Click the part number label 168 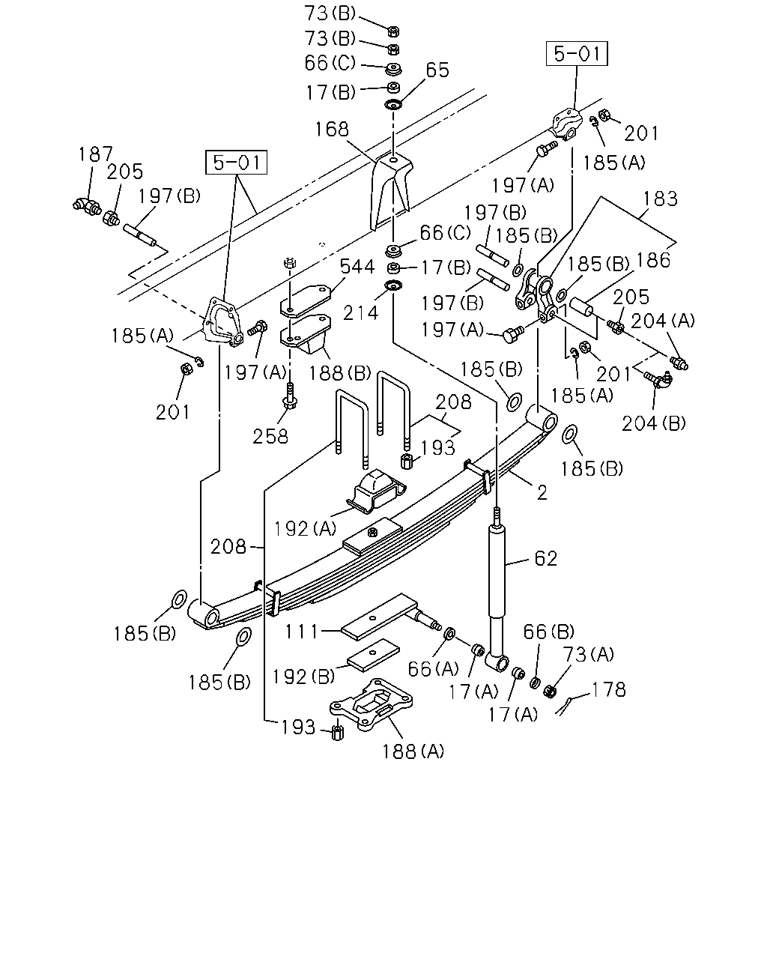coord(332,130)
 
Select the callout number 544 coord(357,267)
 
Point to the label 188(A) coord(413,751)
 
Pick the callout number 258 coord(270,437)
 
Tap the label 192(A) coord(305,528)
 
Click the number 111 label coord(301,631)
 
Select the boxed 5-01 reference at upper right coord(577,54)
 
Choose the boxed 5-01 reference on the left coord(236,163)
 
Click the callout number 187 coord(96,154)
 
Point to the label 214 coord(360,313)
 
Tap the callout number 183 coord(661,199)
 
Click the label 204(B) coord(654,423)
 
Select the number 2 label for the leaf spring coord(542,492)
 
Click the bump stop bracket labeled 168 coord(391,191)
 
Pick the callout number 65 coord(437,70)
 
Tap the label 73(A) coord(588,654)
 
